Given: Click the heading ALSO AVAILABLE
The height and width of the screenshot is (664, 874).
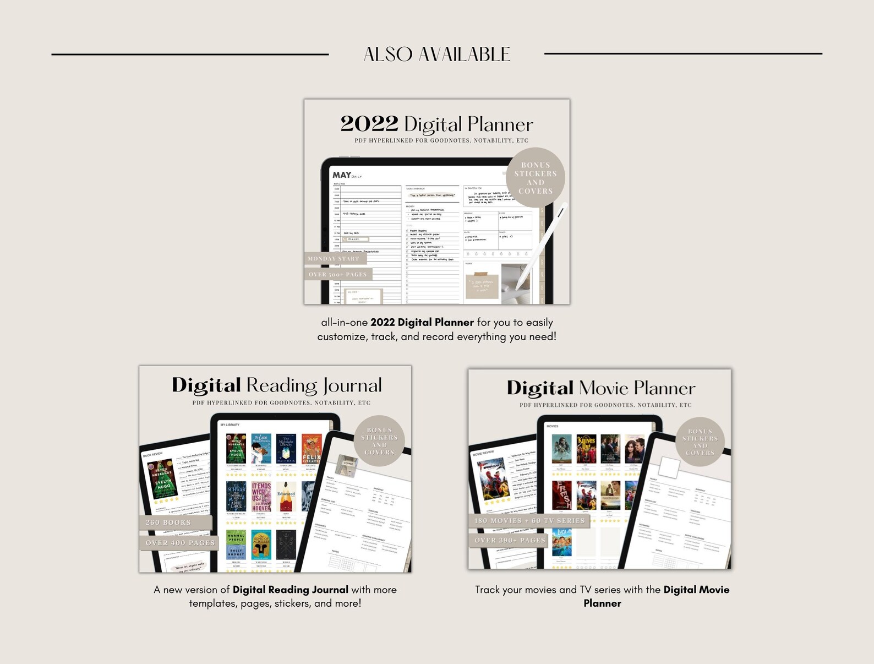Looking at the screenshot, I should coord(437,54).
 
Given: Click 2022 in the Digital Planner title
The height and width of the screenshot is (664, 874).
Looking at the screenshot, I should coord(369,124).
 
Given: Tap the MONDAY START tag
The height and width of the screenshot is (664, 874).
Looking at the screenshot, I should coord(334,258).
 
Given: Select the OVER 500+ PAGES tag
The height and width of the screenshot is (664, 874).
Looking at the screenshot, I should coord(337,274).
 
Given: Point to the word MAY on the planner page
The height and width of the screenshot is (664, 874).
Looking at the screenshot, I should coord(341,175).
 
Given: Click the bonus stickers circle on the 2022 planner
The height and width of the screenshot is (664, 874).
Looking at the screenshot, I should coord(536,178).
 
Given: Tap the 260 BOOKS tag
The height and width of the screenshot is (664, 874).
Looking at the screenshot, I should coord(168,522).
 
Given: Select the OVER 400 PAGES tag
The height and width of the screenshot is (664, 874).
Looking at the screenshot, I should coord(180,542).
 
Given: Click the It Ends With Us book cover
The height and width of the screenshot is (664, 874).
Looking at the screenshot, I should coord(261,497).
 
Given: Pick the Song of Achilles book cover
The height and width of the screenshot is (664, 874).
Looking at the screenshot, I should coord(261,545).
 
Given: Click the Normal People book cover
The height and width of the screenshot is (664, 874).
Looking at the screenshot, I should coord(236,545).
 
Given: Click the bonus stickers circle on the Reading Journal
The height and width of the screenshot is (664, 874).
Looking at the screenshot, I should coord(379,441).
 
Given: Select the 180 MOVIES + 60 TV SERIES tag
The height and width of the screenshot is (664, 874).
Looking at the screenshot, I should coord(529,520).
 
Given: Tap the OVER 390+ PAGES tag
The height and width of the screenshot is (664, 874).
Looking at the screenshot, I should coord(510,540).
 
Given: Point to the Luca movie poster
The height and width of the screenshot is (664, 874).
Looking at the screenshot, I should coord(562,542).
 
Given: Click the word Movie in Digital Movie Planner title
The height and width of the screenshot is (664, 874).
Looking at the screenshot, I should coord(603,388).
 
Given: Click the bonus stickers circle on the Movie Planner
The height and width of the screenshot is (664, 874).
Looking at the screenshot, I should coord(700,442).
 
